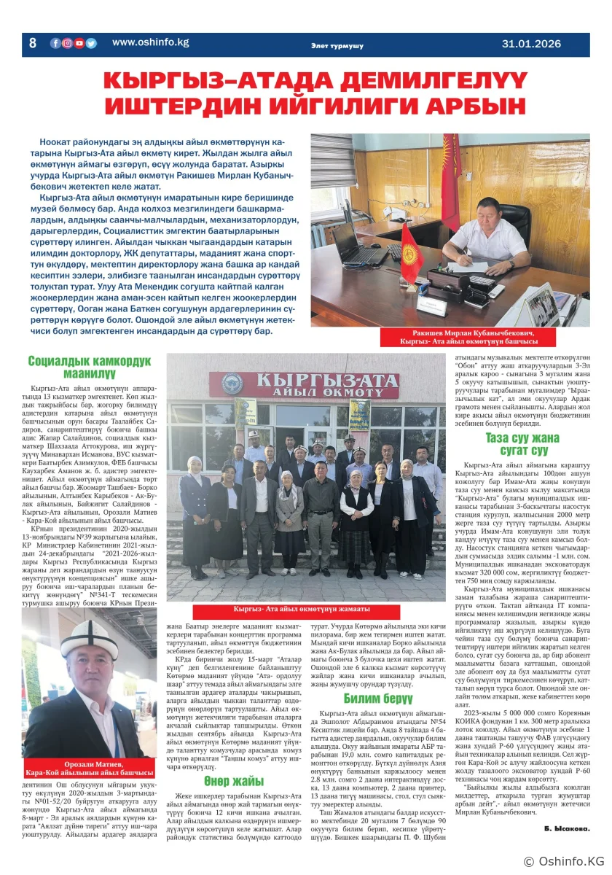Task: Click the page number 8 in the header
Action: click(x=33, y=43)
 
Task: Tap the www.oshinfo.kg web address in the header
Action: click(x=150, y=42)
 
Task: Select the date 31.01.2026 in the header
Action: click(x=531, y=44)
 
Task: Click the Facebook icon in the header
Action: click(x=55, y=43)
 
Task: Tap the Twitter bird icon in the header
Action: click(x=91, y=43)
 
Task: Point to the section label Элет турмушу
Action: click(x=337, y=46)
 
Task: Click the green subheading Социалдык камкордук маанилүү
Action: click(x=89, y=367)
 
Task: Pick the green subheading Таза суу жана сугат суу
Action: click(x=522, y=444)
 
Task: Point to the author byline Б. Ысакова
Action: click(x=567, y=829)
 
